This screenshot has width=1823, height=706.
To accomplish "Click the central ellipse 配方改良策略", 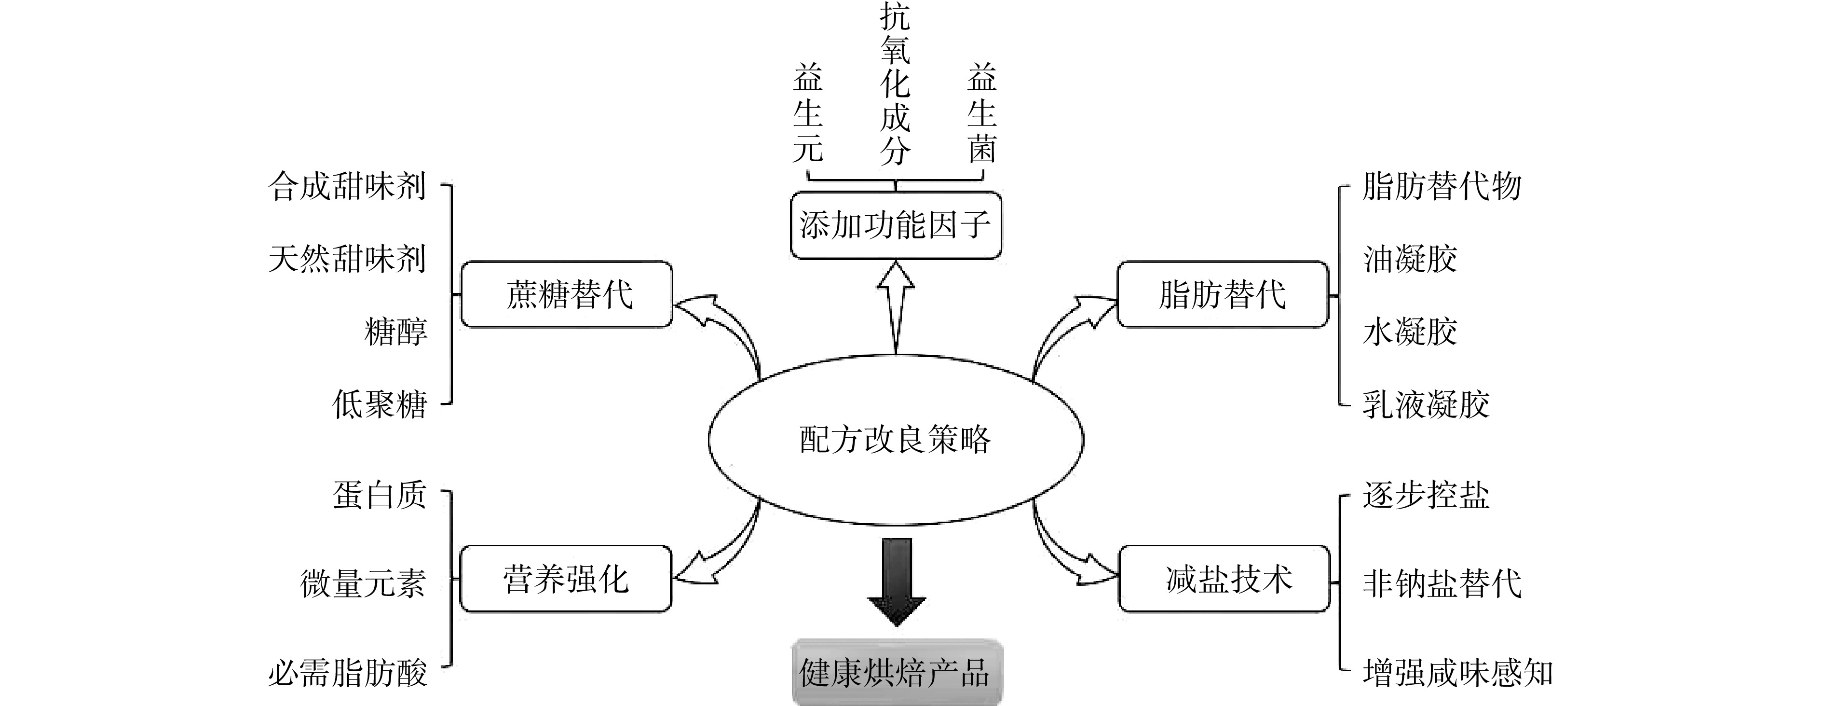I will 895,440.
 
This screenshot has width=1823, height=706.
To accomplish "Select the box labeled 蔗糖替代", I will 567,294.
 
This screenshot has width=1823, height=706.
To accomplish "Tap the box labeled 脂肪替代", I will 1222,294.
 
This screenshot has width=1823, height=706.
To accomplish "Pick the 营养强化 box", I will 565,579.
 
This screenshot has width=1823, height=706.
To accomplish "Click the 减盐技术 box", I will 1224,579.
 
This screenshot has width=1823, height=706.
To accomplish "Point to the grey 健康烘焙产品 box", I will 896,673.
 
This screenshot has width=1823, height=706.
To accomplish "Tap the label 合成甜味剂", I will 347,187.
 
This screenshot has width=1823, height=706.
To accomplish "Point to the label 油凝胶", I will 1410,259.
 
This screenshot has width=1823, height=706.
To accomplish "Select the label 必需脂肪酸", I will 347,673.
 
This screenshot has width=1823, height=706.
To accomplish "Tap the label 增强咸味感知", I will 1458,673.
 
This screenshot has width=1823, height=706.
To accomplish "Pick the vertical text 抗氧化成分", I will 895,83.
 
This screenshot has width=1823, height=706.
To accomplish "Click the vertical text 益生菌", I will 982,113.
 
